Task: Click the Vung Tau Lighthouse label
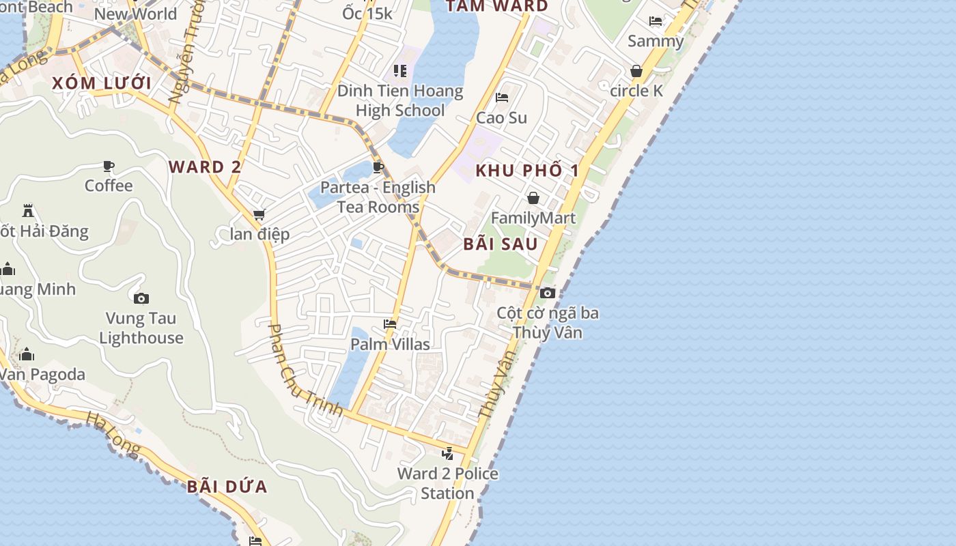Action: click(x=141, y=328)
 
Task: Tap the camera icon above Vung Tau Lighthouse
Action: click(x=141, y=298)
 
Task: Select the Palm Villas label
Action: click(x=390, y=344)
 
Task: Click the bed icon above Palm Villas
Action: click(x=390, y=324)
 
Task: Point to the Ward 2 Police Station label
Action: click(x=448, y=483)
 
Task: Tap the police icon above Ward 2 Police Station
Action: click(x=448, y=452)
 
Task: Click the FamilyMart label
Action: click(x=533, y=218)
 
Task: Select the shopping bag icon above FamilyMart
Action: click(x=533, y=198)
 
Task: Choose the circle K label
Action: click(x=636, y=91)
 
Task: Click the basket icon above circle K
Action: click(x=636, y=71)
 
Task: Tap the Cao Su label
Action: click(x=502, y=117)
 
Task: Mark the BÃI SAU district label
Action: click(x=501, y=244)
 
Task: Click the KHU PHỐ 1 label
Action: click(x=527, y=171)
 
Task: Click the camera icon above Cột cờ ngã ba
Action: click(x=547, y=293)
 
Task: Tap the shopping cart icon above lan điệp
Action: click(x=259, y=215)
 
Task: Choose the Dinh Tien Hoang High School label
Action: click(x=401, y=100)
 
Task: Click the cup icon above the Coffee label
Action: click(x=109, y=166)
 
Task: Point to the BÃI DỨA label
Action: click(x=227, y=487)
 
